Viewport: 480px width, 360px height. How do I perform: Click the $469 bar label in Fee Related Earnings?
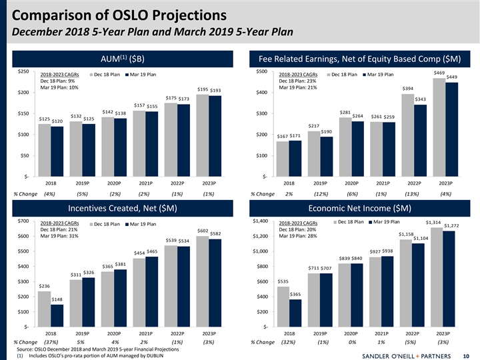(439, 73)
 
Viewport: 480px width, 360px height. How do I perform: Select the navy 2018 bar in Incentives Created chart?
(57, 315)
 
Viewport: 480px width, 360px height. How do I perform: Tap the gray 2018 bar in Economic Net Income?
(283, 306)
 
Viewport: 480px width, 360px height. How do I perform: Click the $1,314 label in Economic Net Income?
(433, 223)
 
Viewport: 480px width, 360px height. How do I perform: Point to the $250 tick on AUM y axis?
(23, 71)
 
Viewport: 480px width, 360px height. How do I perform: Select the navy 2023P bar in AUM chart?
(215, 137)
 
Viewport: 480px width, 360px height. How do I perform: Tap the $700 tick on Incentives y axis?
(23, 221)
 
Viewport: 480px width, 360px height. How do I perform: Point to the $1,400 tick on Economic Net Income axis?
(259, 221)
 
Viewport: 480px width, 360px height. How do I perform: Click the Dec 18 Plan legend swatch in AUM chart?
(90, 74)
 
